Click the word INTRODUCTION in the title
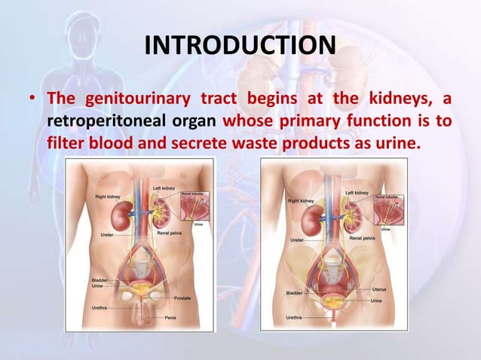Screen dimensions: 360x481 [x=240, y=48]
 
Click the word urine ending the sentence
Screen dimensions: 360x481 [x=394, y=141]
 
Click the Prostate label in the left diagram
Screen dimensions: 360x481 [x=182, y=299]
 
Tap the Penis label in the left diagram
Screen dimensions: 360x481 [x=174, y=318]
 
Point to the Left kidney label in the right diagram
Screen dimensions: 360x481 [x=357, y=193]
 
